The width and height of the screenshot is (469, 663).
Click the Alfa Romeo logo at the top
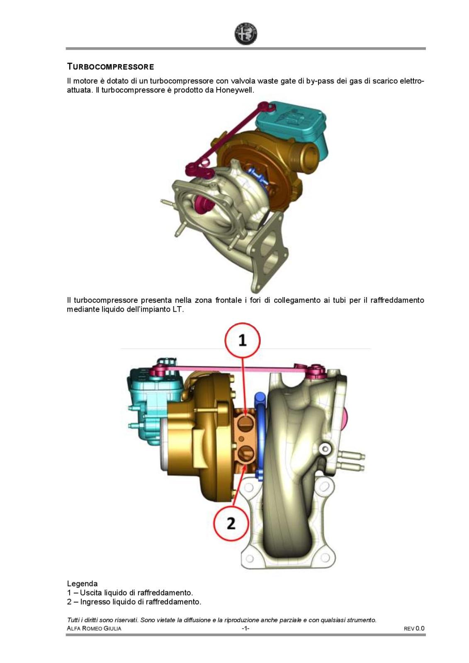245,34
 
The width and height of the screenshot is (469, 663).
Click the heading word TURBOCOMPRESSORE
110,67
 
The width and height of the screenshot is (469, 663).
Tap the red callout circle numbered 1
243,340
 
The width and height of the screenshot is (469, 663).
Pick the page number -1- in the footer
245,628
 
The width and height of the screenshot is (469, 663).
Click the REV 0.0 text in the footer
414,628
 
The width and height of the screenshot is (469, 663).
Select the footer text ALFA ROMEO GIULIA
94,628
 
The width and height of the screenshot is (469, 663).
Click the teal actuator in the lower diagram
151,401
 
